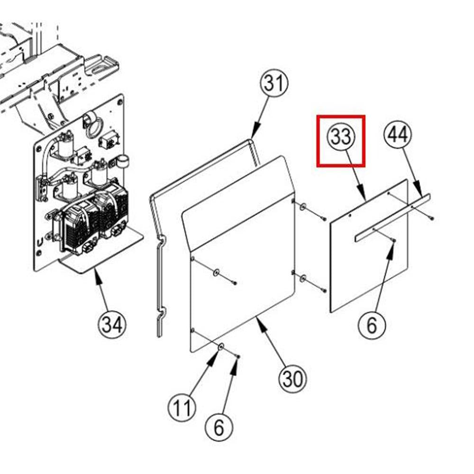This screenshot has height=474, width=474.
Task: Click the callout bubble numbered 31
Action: (x=274, y=83)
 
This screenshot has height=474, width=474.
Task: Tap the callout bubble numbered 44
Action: (x=398, y=135)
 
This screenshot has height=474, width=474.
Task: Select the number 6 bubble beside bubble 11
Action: (x=219, y=428)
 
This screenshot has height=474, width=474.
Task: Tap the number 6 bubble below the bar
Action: (x=372, y=325)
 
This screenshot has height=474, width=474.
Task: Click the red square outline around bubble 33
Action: (x=341, y=141)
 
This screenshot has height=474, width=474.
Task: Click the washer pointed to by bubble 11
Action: (x=220, y=346)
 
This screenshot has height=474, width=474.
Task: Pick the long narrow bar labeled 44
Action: (x=392, y=218)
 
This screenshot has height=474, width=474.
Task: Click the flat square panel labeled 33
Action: (x=369, y=246)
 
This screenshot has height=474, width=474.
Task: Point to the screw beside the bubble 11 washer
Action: (x=238, y=357)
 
